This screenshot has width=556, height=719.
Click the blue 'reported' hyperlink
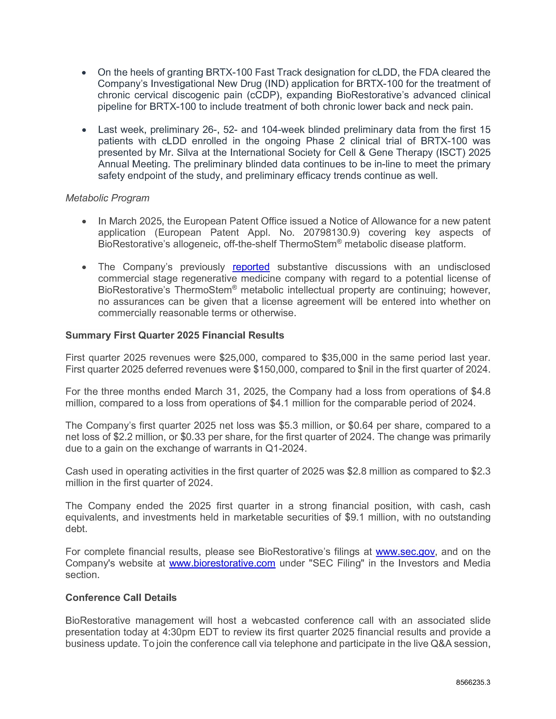click(x=251, y=267)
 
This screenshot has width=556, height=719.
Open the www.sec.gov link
click(x=405, y=551)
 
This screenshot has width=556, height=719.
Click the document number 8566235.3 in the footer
click(x=473, y=682)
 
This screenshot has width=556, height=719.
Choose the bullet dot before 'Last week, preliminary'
click(x=84, y=130)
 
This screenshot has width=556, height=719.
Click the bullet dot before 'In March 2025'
click(x=84, y=222)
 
